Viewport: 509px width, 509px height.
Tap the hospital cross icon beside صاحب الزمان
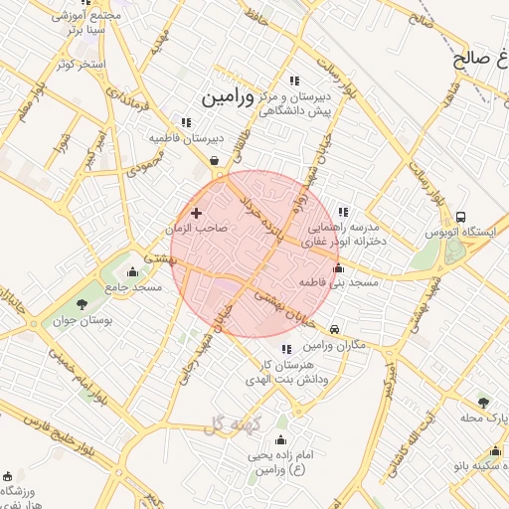pos(196,213)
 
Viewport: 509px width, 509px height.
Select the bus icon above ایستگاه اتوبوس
pos(459,217)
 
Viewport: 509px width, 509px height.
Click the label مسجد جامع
pos(137,286)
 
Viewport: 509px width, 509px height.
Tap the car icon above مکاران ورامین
pos(334,329)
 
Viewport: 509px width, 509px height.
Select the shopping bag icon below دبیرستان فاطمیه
pos(214,159)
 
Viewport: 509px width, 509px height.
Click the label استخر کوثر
pos(81,64)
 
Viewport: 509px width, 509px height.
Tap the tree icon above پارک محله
pos(483,402)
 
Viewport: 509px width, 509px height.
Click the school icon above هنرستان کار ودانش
pos(287,349)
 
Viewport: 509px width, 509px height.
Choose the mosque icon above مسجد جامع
pos(134,271)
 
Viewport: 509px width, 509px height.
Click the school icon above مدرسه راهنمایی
pos(342,212)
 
